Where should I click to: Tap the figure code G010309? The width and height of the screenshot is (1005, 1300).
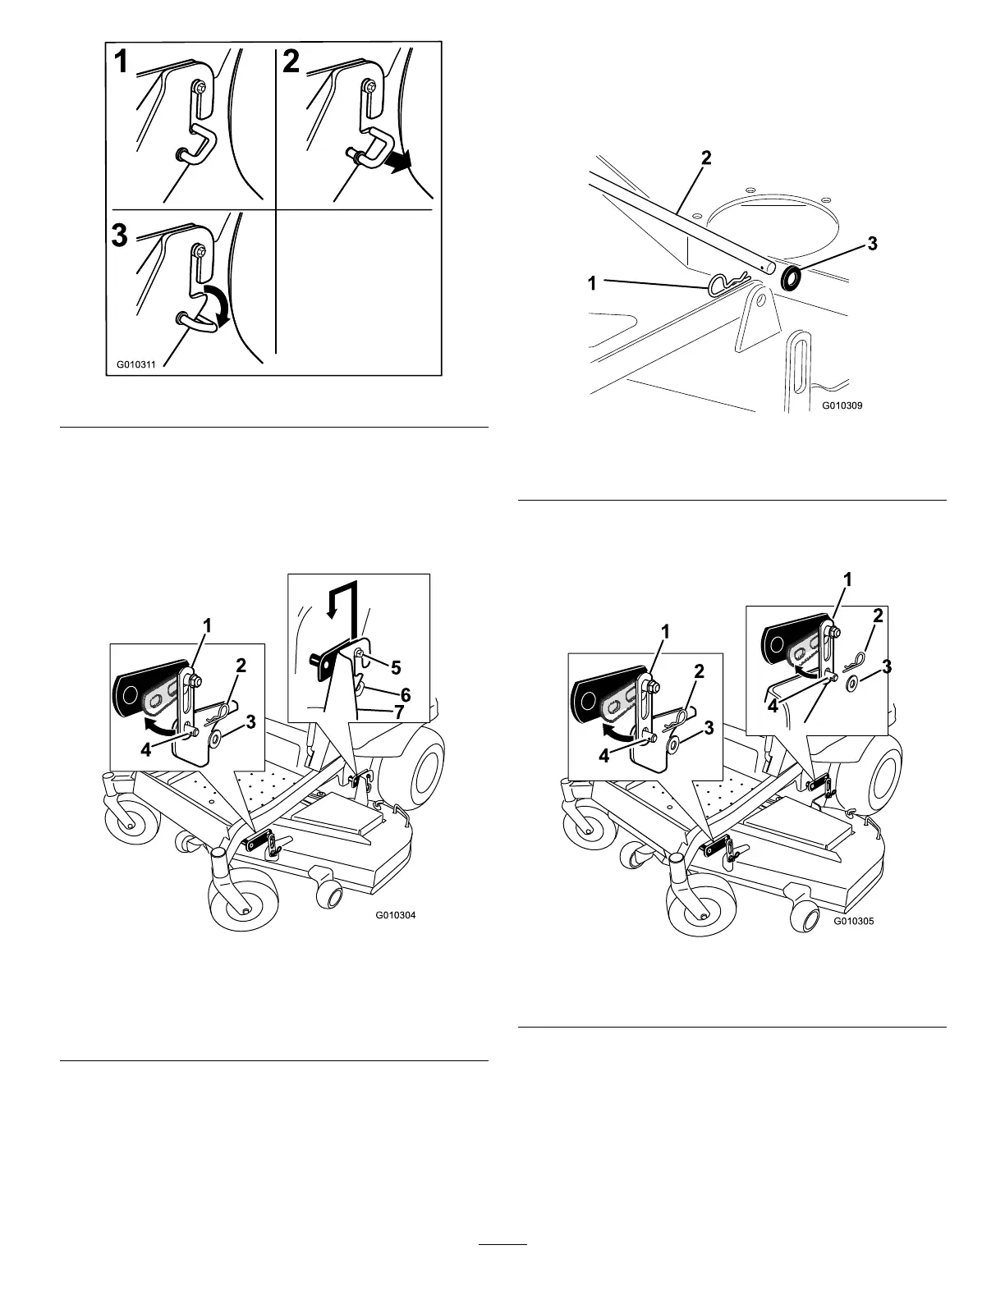click(842, 405)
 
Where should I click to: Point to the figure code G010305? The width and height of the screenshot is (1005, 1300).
click(854, 921)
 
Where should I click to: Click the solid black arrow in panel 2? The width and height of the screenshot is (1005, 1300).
click(407, 162)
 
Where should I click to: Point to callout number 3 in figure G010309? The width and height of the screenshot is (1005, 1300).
click(873, 244)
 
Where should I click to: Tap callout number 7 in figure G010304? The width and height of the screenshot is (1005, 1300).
click(398, 712)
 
